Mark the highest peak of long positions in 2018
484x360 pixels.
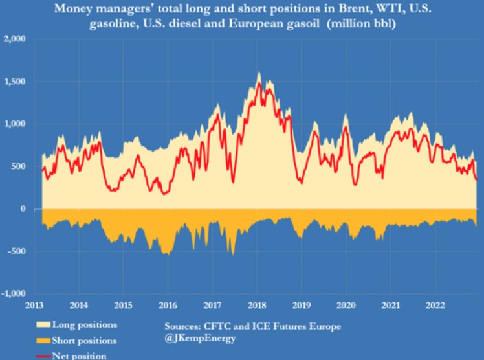(259, 73)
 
